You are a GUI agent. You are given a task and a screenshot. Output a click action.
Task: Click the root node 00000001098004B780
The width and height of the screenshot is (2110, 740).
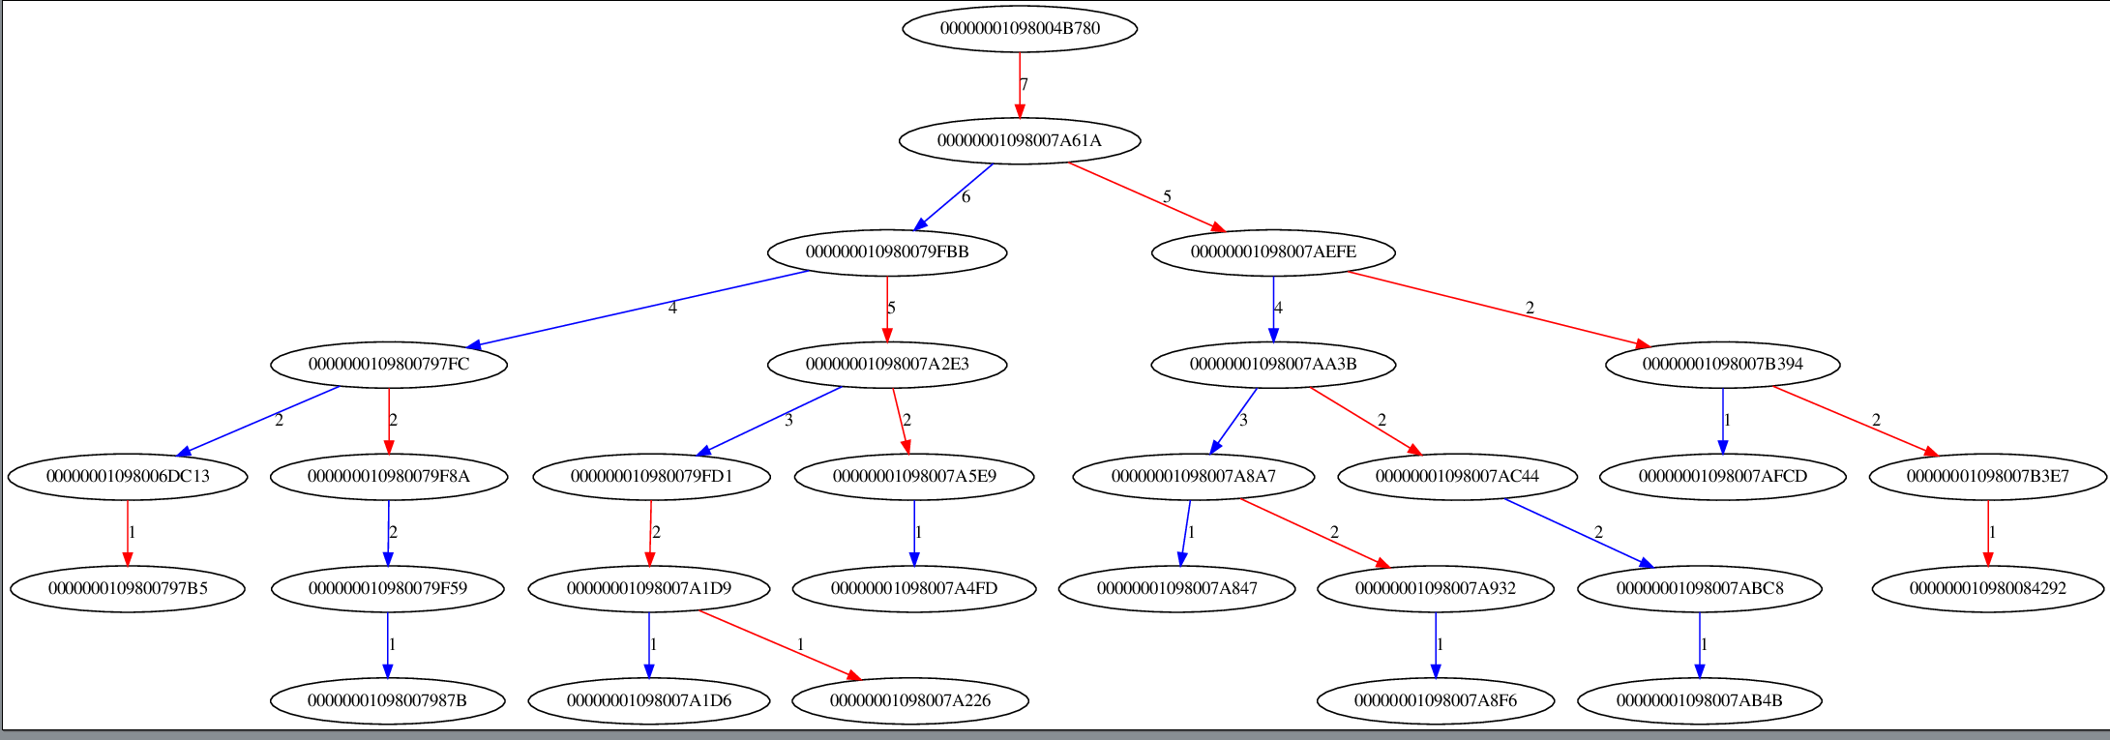tap(1020, 28)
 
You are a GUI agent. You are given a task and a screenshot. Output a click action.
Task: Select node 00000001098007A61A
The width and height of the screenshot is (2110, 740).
tap(1020, 140)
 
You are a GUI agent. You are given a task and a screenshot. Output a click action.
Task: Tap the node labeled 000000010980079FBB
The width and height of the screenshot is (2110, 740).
tap(887, 252)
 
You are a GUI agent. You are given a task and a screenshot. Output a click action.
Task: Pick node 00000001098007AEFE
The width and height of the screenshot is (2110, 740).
tap(1273, 252)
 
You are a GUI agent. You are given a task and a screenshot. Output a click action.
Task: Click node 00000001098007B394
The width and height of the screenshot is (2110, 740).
tap(1722, 365)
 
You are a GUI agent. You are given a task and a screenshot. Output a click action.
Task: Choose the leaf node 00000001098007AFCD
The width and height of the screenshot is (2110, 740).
tap(1722, 476)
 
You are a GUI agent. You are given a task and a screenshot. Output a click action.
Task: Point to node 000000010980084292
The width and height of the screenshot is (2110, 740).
tap(1987, 588)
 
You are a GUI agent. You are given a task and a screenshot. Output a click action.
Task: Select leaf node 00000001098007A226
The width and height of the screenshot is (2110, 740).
tap(909, 700)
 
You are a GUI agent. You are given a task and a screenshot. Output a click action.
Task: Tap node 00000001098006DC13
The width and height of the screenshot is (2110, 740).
tap(128, 476)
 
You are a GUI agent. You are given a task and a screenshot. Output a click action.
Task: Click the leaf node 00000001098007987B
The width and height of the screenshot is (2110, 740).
tap(387, 700)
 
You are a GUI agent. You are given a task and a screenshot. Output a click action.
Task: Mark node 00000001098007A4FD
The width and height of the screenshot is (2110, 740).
tap(913, 588)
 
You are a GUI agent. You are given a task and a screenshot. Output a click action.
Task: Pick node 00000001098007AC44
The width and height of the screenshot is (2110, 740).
tap(1457, 476)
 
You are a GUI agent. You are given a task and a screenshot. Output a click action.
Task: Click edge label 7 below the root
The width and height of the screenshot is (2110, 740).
tap(1025, 85)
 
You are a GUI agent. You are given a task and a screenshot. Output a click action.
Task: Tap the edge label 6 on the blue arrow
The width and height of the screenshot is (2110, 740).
tap(966, 197)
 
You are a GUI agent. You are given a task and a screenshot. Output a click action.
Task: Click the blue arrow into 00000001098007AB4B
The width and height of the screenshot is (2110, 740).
tap(1700, 644)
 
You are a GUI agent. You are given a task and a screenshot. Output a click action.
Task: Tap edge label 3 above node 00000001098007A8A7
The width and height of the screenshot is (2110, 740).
tap(1243, 420)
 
